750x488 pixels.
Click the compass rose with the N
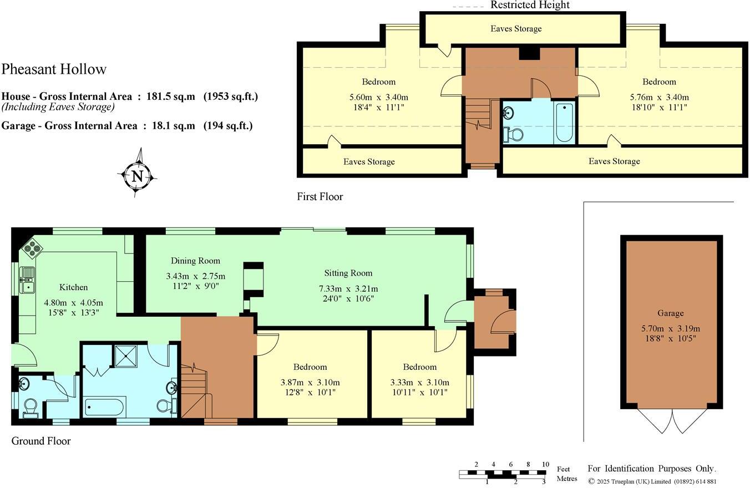(x=137, y=176)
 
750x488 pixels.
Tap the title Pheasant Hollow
(x=54, y=69)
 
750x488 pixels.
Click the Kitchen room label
(x=74, y=287)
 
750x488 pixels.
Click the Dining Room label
(x=195, y=261)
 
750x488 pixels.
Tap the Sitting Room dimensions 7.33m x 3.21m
(x=348, y=289)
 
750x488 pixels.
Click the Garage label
(x=671, y=313)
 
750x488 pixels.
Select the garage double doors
(x=672, y=421)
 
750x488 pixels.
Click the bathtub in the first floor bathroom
(x=564, y=123)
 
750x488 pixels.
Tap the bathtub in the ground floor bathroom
(x=104, y=406)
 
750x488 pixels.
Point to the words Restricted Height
(x=530, y=5)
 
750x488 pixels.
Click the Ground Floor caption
(x=41, y=441)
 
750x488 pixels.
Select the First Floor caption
(x=320, y=196)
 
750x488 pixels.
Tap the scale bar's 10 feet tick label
(x=546, y=465)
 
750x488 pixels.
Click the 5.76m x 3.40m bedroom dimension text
(x=660, y=98)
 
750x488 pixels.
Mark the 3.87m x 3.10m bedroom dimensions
(x=310, y=382)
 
